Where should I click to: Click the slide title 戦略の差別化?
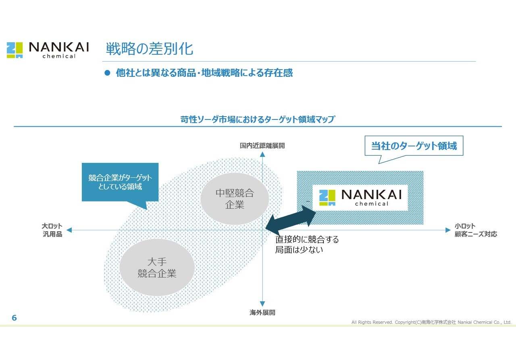point(149,49)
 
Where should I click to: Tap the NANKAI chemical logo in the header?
point(48,50)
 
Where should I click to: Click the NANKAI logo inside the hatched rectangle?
point(360,197)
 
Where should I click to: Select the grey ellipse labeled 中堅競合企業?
point(235,199)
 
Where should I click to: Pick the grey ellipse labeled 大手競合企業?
point(157,267)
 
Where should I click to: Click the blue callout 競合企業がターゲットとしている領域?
point(120,182)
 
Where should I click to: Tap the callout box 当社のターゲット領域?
point(414,146)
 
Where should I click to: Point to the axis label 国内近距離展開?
point(262,146)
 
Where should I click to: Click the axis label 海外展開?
point(262,313)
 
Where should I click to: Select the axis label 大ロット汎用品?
point(52,230)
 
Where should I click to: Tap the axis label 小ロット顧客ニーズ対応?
point(476,230)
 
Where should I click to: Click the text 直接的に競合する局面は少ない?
point(307,245)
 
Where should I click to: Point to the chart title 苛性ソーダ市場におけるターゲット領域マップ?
point(258,119)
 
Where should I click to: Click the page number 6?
point(14,318)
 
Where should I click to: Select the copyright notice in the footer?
point(431,322)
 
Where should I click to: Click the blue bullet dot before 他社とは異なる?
point(107,73)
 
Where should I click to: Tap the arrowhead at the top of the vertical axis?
point(262,155)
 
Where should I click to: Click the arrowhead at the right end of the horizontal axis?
point(447,230)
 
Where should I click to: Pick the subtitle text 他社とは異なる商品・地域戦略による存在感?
point(204,73)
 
